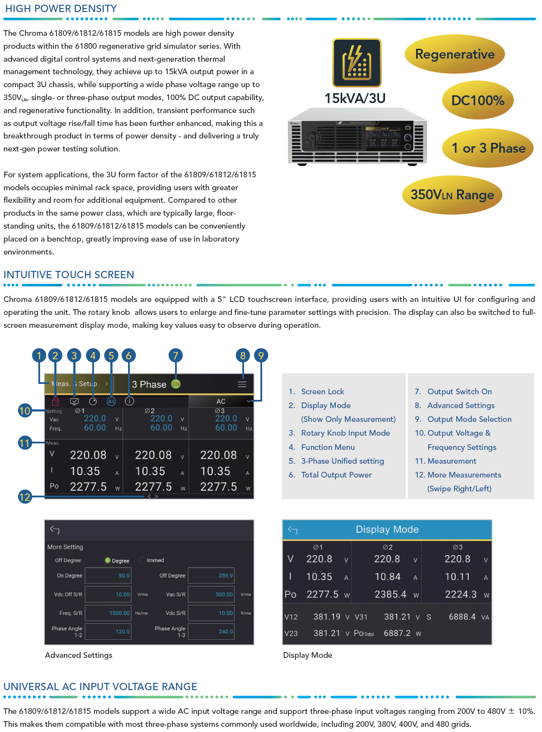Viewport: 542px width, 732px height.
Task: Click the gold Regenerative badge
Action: (454, 54)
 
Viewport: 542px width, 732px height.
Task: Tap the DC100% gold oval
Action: (478, 101)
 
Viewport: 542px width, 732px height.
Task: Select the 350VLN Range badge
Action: (452, 195)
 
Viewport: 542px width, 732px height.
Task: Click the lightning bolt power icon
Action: (357, 63)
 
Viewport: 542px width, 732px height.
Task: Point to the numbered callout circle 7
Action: (175, 355)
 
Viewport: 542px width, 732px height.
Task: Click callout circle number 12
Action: (25, 497)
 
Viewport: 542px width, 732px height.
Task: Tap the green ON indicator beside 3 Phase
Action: (176, 384)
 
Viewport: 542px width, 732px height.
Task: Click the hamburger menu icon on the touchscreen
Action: (242, 384)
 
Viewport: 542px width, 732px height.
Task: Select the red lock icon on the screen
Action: (56, 402)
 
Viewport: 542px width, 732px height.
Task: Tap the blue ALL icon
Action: (111, 402)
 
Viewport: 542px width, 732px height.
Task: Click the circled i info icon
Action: (129, 401)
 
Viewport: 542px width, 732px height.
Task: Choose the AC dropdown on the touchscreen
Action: (221, 401)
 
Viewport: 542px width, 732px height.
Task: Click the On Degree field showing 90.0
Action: (108, 575)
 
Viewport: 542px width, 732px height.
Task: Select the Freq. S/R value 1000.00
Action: (108, 613)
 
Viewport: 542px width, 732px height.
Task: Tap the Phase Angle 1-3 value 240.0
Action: (211, 631)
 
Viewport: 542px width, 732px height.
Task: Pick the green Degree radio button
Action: (108, 560)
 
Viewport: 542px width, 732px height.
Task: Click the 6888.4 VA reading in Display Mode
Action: (462, 617)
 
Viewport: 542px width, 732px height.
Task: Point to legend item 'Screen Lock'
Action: (323, 392)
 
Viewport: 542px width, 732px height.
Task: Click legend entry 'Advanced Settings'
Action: (461, 405)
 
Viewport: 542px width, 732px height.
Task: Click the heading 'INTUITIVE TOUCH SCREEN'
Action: (69, 275)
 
